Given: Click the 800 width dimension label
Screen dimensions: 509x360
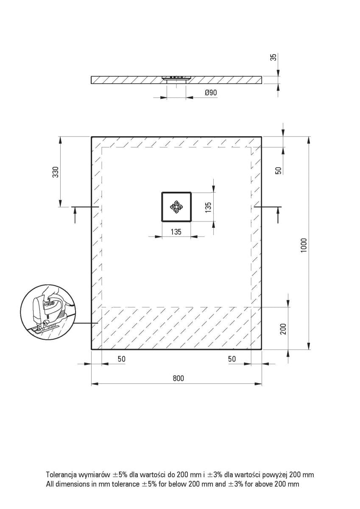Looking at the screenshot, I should [x=179, y=378].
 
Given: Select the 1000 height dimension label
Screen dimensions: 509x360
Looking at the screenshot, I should [x=303, y=245].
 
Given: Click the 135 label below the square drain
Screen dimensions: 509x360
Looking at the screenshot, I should [x=176, y=232].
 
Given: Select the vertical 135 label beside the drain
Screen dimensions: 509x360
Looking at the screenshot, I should [x=208, y=207].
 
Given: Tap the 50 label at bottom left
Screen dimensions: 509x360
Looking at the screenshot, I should [x=121, y=359].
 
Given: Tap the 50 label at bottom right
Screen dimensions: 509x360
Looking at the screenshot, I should [x=232, y=359].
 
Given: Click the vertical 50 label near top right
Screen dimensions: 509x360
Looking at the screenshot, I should [x=279, y=170].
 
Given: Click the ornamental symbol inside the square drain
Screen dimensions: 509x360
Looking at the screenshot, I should [x=176, y=207].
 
